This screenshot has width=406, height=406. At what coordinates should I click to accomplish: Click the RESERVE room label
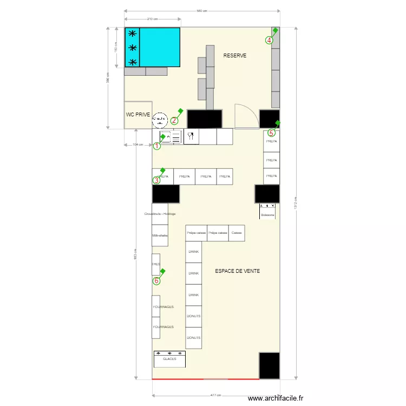pos(235,55)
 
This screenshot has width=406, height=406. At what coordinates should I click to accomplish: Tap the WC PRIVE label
pos(138,115)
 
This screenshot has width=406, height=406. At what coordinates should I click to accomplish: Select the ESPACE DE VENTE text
pos(237,271)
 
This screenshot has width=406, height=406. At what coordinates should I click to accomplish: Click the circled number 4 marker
pos(269,40)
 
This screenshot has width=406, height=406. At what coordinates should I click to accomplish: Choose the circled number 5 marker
pos(272,133)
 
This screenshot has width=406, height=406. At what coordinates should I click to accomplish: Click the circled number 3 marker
pos(156,181)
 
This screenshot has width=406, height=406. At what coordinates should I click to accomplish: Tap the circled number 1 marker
pos(157,146)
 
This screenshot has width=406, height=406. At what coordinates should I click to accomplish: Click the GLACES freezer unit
pos(169,359)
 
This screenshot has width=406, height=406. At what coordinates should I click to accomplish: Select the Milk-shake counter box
pos(160,235)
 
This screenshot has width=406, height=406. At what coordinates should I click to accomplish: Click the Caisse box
pos(237,233)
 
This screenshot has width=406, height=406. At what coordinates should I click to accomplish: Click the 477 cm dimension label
pos(215,395)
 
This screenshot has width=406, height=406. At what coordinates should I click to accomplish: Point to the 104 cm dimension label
pos(138,145)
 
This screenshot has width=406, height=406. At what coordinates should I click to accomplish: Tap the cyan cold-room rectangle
pos(160,47)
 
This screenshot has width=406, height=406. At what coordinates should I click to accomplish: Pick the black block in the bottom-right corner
pos(269,365)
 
